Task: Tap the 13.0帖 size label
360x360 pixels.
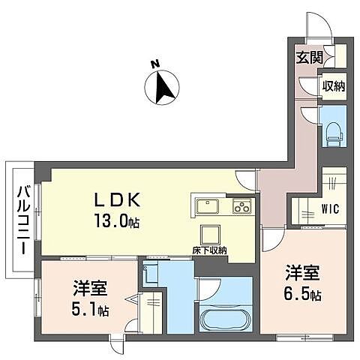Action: point(116,222)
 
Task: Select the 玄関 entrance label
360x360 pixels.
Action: point(307,56)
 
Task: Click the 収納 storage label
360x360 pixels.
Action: point(334,86)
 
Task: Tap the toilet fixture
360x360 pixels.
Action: point(334,132)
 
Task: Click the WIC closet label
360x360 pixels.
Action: point(332,208)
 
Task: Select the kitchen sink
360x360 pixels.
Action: point(208,207)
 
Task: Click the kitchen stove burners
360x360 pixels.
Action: point(241,207)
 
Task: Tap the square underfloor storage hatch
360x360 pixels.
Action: point(210,232)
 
